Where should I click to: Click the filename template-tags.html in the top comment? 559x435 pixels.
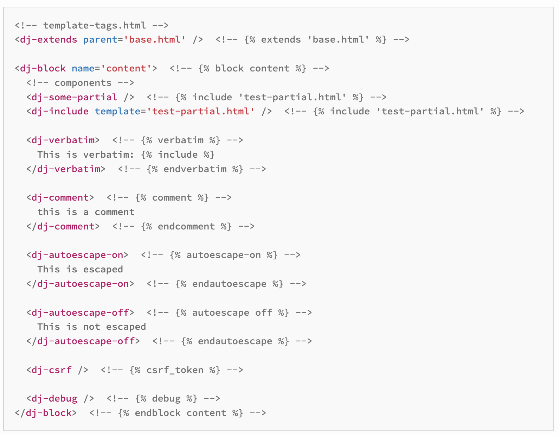tap(94, 25)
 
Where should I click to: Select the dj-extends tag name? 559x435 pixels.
tap(49, 39)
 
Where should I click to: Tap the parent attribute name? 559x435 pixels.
tap(100, 39)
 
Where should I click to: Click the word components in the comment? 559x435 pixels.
tap(83, 83)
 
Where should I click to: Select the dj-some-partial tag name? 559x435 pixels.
tap(74, 97)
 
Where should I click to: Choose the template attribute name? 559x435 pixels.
tap(117, 111)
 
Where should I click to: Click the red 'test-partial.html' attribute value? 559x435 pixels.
tap(201, 111)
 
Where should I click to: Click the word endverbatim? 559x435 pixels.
tap(195, 169)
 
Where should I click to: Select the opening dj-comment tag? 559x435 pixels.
tap(60, 197)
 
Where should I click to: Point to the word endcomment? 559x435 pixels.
tap(186, 226)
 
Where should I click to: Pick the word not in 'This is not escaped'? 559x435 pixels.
tap(91, 327)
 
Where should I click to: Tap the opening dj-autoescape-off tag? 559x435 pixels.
tap(80, 313)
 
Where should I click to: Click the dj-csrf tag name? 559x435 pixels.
tap(51, 370)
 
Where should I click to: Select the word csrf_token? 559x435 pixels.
tap(175, 370)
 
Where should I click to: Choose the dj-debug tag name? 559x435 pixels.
tap(54, 398)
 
